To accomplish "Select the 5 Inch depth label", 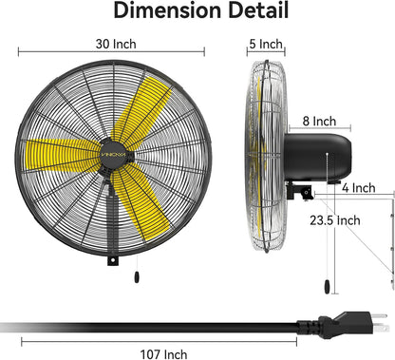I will click(265, 45).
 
